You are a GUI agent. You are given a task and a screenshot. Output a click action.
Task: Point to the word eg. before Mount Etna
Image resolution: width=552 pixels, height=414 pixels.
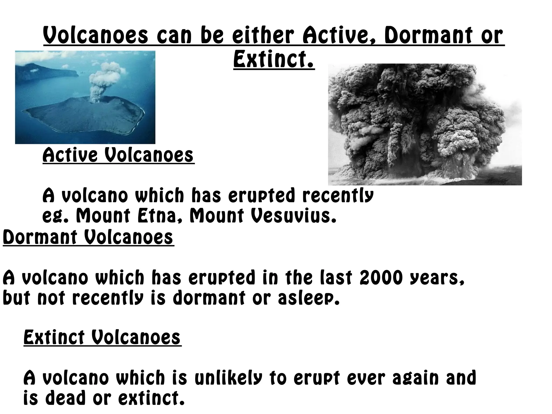tap(57, 216)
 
